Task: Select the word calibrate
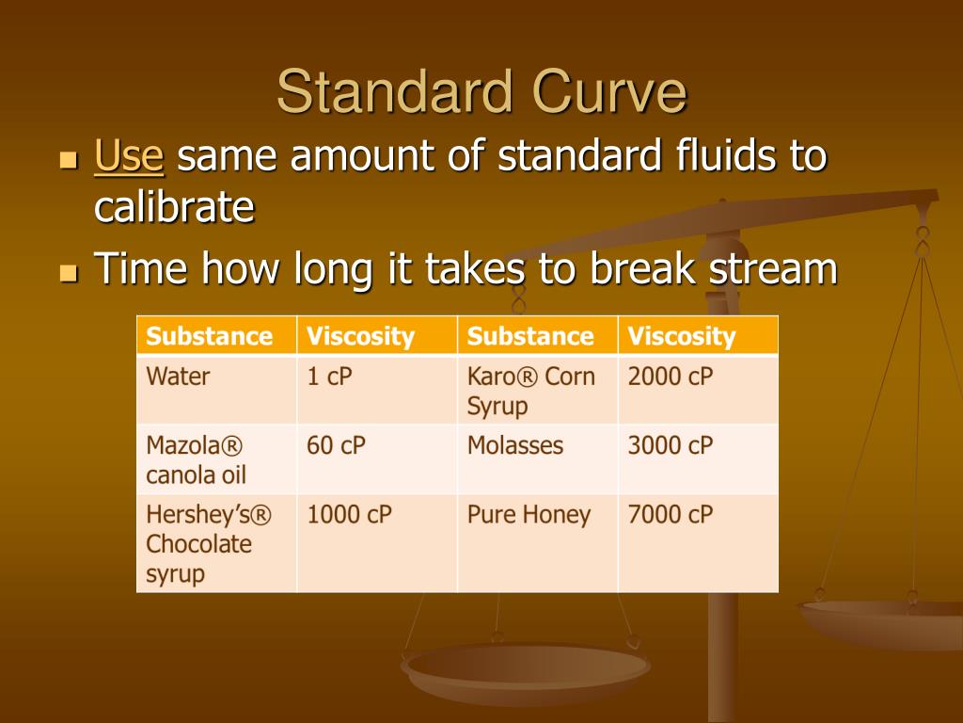point(174,206)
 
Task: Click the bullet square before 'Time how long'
point(69,271)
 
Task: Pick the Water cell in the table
point(217,389)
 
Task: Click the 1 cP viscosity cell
point(377,389)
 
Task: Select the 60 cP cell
point(377,459)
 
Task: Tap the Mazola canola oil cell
point(217,459)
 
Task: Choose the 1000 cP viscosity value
point(349,515)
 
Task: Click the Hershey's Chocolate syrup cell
point(217,543)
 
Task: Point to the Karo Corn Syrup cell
point(537,389)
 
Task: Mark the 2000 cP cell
point(699,389)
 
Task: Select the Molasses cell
point(537,459)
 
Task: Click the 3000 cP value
point(670,445)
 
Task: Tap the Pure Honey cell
point(537,543)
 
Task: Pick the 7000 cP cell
point(699,543)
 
